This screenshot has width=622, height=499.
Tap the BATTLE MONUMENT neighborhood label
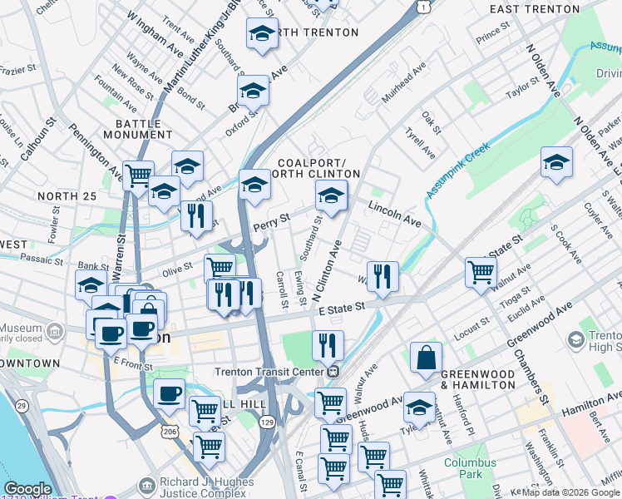[x=138, y=130]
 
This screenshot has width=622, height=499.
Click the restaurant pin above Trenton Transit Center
[x=328, y=344]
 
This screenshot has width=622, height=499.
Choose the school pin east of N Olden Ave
[x=556, y=162]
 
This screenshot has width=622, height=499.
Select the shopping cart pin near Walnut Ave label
[x=481, y=271]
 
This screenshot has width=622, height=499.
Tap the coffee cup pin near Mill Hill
[x=170, y=393]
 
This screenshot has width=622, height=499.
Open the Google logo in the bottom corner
[x=27, y=489]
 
